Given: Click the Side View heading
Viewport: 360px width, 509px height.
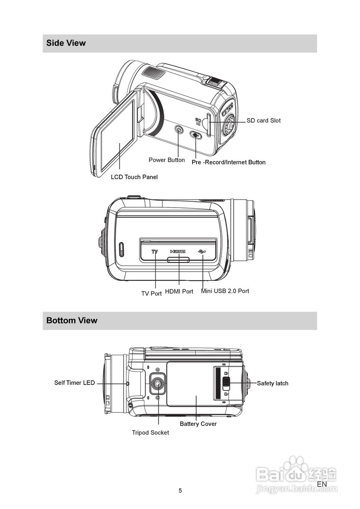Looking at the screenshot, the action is click(x=66, y=43).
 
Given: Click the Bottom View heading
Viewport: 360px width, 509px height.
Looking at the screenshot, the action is click(x=72, y=321).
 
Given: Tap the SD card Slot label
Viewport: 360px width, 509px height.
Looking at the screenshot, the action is click(x=263, y=120).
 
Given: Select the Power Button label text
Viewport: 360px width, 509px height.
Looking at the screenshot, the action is click(x=167, y=160).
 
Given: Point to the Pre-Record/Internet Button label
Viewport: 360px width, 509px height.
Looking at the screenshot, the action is click(x=228, y=162).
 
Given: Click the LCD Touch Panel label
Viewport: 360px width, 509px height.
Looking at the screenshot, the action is click(x=134, y=177).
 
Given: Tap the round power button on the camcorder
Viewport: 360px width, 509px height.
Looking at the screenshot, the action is click(x=179, y=130).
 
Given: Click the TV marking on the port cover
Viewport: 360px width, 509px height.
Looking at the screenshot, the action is click(x=155, y=251).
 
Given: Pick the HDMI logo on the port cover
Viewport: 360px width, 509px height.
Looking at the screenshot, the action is click(x=178, y=251).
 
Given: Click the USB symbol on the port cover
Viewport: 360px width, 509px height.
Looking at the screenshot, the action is click(x=202, y=251).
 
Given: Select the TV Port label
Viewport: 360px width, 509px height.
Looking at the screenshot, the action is click(x=152, y=293).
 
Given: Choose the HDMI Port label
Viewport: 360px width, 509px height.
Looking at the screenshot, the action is click(x=179, y=291).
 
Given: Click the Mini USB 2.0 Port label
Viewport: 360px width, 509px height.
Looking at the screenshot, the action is click(x=225, y=291).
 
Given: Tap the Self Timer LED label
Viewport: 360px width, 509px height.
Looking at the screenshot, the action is click(x=74, y=383).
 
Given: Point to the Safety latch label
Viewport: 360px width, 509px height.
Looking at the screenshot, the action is click(x=272, y=383).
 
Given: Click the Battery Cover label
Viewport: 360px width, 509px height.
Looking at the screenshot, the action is click(x=198, y=424).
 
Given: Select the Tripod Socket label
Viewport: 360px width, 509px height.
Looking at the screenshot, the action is click(x=150, y=433).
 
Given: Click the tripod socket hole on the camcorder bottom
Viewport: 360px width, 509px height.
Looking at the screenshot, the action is click(x=158, y=384).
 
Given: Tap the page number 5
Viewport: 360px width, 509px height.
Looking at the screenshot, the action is click(x=180, y=491).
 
